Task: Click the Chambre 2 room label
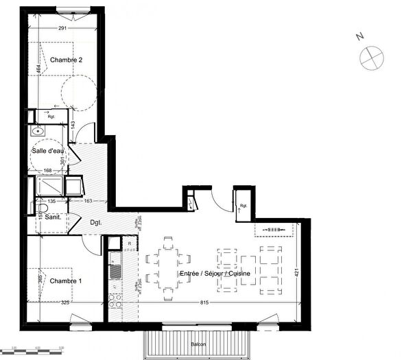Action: pyautogui.click(x=66, y=60)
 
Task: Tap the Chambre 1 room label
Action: pyautogui.click(x=66, y=281)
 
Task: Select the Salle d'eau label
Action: pyautogui.click(x=47, y=151)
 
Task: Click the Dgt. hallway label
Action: pyautogui.click(x=96, y=222)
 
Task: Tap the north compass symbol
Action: pyautogui.click(x=371, y=57)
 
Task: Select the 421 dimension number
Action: pyautogui.click(x=297, y=272)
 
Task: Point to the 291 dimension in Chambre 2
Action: pyautogui.click(x=62, y=29)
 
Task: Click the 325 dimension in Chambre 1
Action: pyautogui.click(x=65, y=302)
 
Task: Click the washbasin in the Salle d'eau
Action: pyautogui.click(x=38, y=130)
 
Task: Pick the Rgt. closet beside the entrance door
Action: pyautogui.click(x=242, y=203)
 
